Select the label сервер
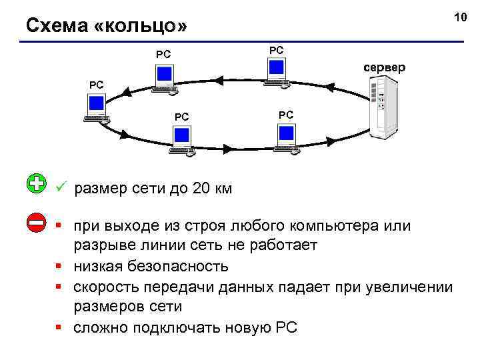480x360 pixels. click(383, 68)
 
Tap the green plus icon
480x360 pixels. click(37, 184)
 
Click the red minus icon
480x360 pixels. click(37, 223)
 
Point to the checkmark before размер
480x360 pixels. click(60, 188)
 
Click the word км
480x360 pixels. click(223, 189)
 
